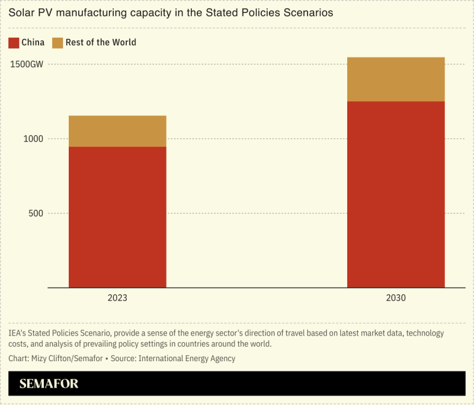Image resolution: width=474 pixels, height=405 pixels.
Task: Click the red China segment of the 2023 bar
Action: coord(117,217)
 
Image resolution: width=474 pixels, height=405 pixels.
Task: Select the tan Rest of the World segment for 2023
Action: coord(117,131)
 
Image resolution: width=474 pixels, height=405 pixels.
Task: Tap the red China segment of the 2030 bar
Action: coord(396,194)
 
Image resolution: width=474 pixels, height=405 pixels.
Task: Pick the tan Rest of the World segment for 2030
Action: coord(396,79)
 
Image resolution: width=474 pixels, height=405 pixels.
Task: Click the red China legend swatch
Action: coord(14,43)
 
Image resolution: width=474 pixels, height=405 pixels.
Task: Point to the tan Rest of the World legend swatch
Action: coord(57,43)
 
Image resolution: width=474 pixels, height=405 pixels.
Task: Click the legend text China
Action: coord(33,43)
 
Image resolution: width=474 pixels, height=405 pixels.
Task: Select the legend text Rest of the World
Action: coord(101,43)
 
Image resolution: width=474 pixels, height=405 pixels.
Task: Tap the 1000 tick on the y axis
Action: coord(34,139)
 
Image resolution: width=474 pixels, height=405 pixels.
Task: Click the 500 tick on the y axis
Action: coord(36,213)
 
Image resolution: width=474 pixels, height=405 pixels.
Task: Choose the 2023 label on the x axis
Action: coord(117,298)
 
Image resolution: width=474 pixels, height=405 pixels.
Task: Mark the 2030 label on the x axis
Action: coord(396,298)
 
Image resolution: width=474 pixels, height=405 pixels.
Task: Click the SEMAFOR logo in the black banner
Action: coord(49,384)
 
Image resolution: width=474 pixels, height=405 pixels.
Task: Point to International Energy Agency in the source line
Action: coord(189,358)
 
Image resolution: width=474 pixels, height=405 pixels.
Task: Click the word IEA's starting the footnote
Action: coord(18,333)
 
